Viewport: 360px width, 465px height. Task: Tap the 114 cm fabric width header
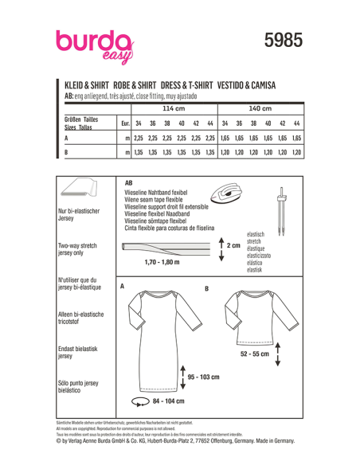173,107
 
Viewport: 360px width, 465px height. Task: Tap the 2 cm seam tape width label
233,246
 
